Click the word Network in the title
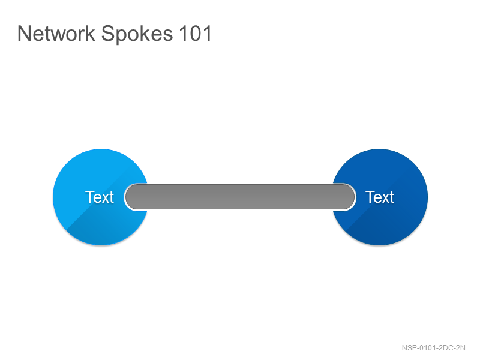[56, 34]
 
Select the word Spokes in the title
[137, 34]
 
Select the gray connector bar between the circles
[240, 197]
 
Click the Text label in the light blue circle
[100, 197]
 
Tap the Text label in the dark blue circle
[380, 197]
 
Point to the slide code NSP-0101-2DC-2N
[433, 348]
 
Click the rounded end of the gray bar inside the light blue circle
[131, 197]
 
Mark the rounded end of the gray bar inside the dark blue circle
[349, 197]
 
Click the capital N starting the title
[23, 34]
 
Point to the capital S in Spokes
[107, 34]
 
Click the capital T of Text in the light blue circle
[89, 197]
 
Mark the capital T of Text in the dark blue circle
[370, 197]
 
